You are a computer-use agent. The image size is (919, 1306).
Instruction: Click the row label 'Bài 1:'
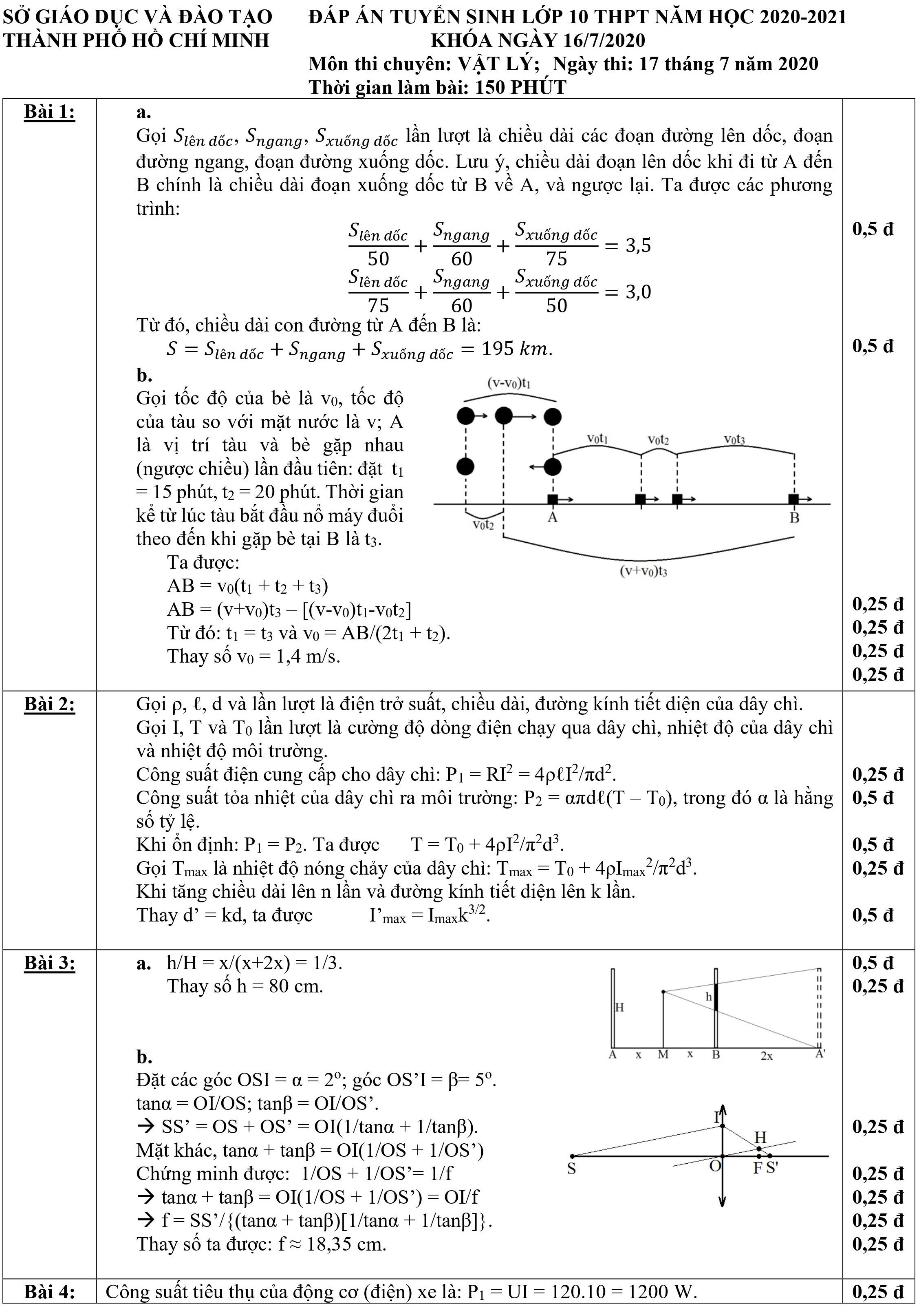click(49, 113)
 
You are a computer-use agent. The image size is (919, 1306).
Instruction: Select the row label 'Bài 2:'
click(49, 704)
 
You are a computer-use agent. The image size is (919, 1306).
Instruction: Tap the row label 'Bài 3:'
click(49, 963)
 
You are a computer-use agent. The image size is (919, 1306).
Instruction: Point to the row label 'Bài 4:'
click(49, 1292)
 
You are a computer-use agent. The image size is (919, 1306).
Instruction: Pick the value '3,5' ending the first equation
click(638, 246)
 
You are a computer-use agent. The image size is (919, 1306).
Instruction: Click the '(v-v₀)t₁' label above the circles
click(509, 383)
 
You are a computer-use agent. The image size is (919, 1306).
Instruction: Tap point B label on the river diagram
click(794, 517)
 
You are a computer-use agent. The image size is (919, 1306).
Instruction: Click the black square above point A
click(552, 499)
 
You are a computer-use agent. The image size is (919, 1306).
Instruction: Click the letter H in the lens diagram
click(760, 1138)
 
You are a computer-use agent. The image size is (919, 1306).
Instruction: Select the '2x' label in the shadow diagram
click(767, 1056)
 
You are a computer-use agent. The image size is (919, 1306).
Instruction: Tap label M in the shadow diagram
click(663, 1054)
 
